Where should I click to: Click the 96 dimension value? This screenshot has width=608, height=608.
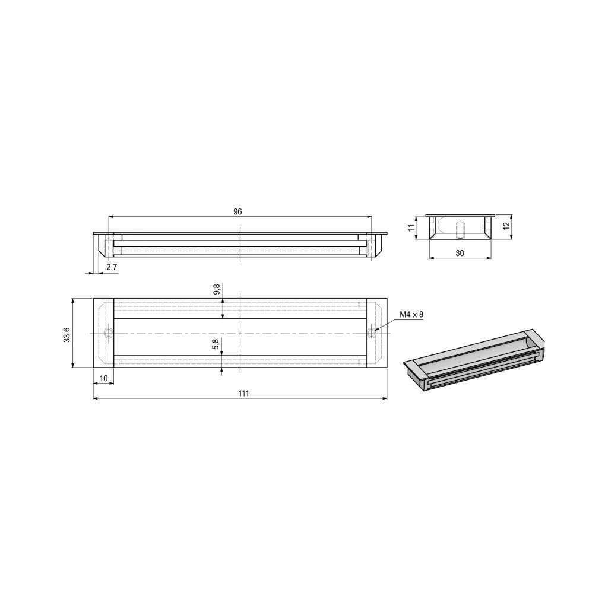[x=237, y=212]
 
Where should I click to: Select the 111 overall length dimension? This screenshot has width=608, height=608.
[x=243, y=394]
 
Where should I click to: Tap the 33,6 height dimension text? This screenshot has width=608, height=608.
[x=66, y=334]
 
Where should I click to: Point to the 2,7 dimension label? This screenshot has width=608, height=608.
[x=111, y=267]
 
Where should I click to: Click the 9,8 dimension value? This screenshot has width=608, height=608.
[x=217, y=290]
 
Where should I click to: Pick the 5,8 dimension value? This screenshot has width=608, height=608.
[x=216, y=344]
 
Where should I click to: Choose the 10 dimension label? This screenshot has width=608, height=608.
[x=103, y=378]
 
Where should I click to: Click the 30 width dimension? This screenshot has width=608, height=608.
[x=460, y=253]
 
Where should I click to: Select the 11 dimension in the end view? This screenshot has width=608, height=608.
[x=412, y=227]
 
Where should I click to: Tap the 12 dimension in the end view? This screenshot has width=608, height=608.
[x=506, y=226]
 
